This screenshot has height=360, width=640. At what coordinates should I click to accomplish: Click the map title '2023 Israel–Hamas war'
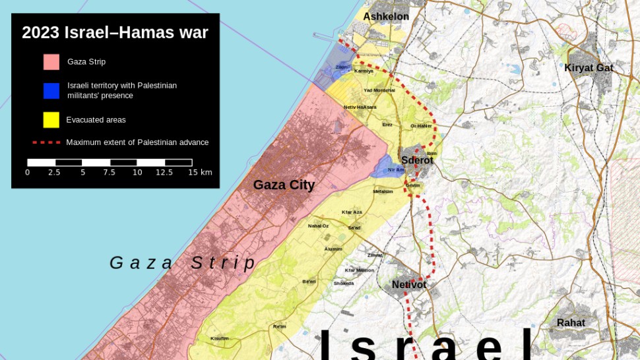pos(115,32)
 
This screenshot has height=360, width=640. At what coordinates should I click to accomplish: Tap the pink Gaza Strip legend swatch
pos(51,62)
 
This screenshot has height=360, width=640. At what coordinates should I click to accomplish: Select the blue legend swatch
pos(51,91)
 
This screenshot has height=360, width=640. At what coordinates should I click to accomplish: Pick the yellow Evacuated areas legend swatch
pos(51,120)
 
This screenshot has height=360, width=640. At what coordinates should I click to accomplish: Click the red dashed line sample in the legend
pos(46,142)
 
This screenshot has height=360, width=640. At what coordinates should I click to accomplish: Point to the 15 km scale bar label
pos(200,173)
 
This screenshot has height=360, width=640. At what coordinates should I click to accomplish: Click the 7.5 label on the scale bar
pos(109,173)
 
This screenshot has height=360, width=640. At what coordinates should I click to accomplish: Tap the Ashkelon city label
pos(386,16)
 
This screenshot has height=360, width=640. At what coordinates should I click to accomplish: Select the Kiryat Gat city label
pos(589,67)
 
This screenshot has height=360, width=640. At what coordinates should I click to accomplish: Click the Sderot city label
pos(417,160)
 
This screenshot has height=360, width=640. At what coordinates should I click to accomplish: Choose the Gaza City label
pos(284,185)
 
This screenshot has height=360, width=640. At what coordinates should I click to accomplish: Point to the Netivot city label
pos(409,285)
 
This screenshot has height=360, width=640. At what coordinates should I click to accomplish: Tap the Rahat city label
pos(571,322)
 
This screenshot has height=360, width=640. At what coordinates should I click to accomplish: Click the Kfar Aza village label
pos(352,212)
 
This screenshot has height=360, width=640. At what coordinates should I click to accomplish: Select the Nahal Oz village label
pos(318,225)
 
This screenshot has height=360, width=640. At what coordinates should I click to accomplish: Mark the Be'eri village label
pos(309,282)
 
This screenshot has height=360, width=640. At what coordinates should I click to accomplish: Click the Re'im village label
pos(280,326)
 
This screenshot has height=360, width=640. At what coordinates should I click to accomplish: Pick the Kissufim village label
pos(220,338)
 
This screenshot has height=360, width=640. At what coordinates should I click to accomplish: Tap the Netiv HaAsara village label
pos(360,107)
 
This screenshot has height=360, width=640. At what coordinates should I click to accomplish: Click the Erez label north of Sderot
pos(387,124)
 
